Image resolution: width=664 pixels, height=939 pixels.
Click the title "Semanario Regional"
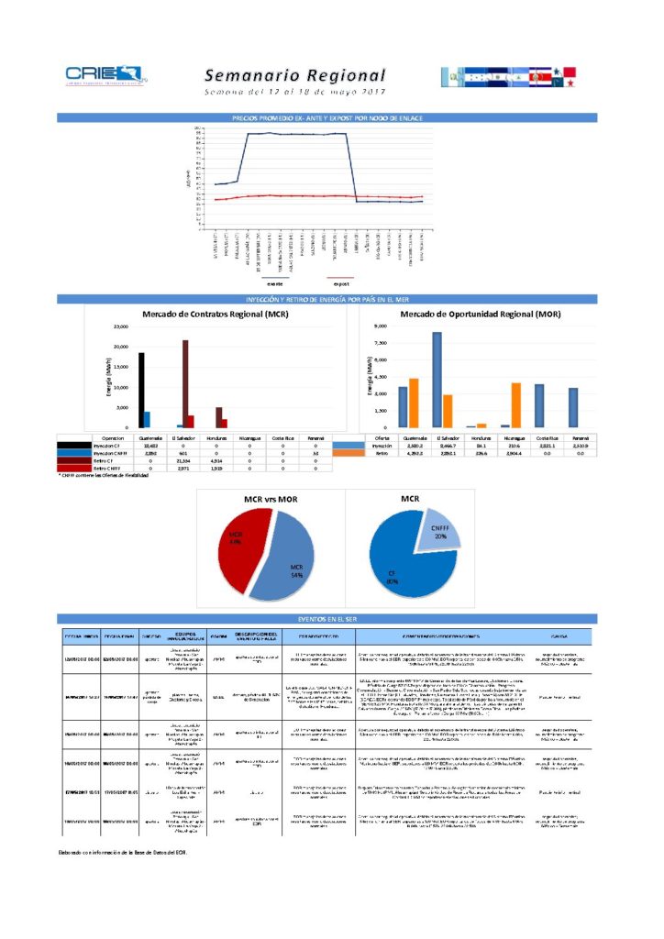click(294, 75)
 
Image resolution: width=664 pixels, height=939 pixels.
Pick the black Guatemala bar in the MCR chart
click(141, 390)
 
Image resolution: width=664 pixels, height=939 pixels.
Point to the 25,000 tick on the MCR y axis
click(120, 326)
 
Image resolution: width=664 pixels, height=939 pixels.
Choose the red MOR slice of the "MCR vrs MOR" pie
click(236, 550)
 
